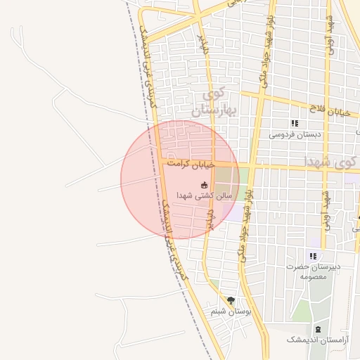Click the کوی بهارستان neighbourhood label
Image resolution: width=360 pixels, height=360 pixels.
click(216, 102)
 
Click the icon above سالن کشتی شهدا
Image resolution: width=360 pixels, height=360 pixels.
click(205, 184)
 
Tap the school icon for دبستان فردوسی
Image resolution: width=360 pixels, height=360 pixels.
click(295, 123)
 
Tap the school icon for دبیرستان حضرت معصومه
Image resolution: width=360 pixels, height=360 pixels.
click(313, 256)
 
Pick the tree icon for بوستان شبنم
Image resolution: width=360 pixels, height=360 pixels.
click(231, 300)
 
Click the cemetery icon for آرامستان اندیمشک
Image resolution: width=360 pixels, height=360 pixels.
click(318, 329)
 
